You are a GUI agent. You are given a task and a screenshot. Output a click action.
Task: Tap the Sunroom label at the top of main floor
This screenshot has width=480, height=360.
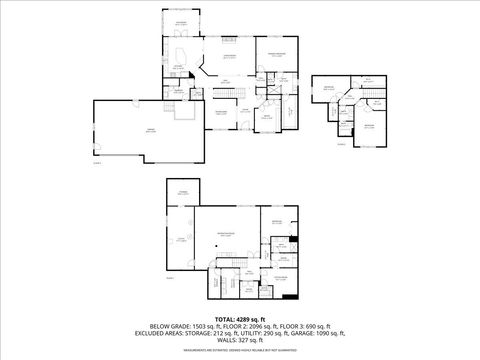[x=181, y=22]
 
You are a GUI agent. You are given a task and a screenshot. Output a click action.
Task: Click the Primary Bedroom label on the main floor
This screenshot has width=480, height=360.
[x=276, y=53]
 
